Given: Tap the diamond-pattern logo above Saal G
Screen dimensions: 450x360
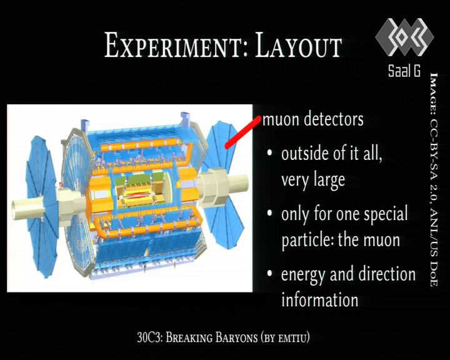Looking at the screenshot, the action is (404, 37).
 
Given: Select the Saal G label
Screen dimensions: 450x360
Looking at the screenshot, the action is (404, 71).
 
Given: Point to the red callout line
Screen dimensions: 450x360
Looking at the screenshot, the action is (243, 132).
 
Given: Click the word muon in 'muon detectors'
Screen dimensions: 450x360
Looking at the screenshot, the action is (281, 119).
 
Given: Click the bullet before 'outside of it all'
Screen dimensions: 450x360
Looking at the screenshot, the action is (269, 152).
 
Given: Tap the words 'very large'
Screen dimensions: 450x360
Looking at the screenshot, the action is (313, 181).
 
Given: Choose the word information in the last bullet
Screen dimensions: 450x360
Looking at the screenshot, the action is (320, 300).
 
